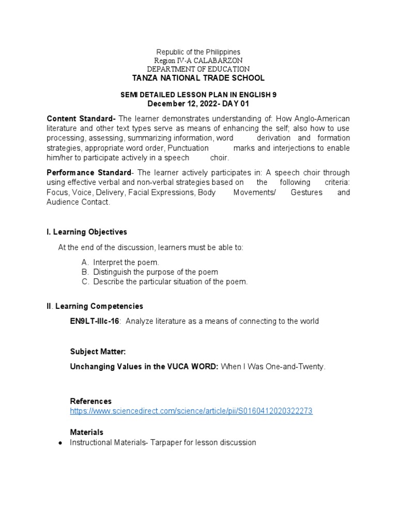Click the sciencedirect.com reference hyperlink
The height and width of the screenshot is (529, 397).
[191, 411]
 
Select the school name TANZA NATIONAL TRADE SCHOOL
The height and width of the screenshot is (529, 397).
[198, 78]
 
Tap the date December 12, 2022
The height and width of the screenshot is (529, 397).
[174, 103]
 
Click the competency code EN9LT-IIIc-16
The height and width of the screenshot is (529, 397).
[95, 321]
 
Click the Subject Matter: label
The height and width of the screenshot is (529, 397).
[98, 351]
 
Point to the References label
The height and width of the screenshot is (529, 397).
[90, 401]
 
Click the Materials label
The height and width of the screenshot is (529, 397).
[86, 432]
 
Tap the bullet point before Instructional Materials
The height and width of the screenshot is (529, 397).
[60, 443]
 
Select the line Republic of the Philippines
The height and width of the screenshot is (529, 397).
[198, 52]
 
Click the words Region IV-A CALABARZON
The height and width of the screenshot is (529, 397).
[198, 60]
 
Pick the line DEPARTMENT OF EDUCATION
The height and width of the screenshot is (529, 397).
[198, 69]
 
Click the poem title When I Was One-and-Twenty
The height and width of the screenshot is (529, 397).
[273, 366]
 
